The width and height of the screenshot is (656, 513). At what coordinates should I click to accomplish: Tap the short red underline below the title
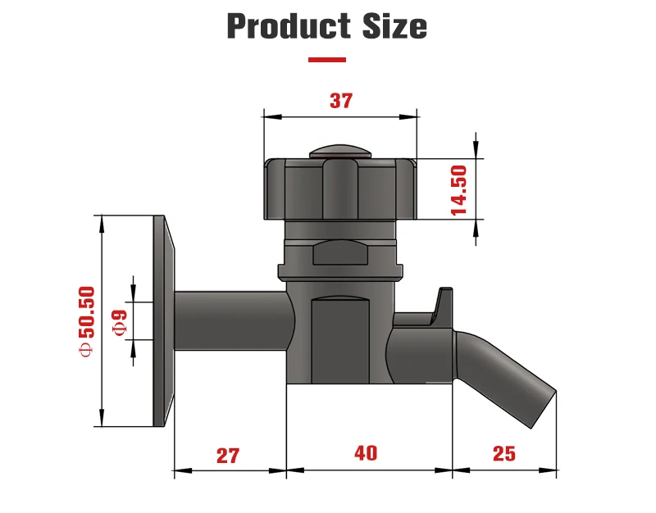point(326,59)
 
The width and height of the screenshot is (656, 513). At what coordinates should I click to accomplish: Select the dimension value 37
point(340,101)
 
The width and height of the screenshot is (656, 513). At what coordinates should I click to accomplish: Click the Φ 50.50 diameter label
point(86,320)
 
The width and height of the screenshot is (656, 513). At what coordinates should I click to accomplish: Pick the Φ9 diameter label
point(119,320)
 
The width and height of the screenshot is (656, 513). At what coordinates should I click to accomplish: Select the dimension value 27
point(228,455)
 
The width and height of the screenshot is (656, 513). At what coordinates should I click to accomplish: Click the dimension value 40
point(366,453)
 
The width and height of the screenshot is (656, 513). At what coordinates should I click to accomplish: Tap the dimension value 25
point(504,453)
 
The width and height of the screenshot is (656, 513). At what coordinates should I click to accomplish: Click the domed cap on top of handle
point(339,151)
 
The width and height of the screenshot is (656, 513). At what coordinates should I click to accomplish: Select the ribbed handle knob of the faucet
point(339,188)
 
